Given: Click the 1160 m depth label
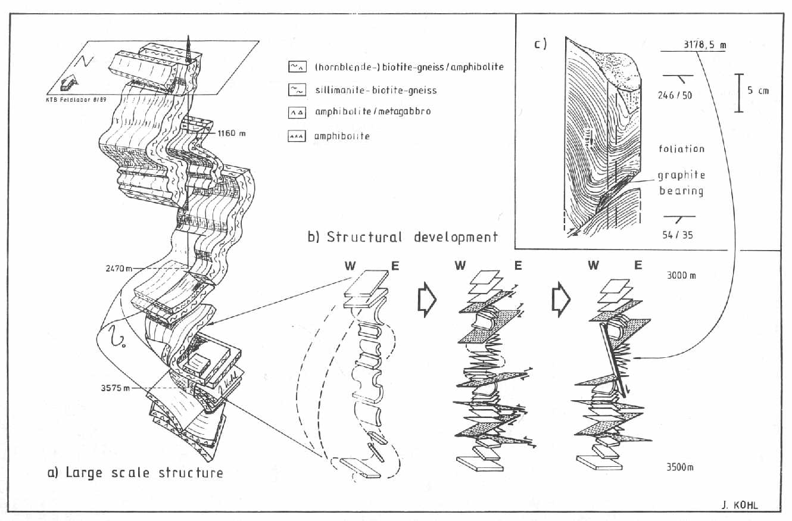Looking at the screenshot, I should click(x=230, y=133).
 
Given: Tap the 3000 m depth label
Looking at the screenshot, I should click(x=680, y=276).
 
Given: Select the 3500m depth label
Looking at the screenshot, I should click(x=679, y=466).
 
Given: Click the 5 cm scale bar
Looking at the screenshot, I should click(x=738, y=93).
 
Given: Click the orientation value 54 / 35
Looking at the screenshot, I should click(x=679, y=235).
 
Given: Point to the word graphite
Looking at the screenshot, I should click(x=681, y=175).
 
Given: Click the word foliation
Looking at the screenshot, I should click(x=681, y=149).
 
